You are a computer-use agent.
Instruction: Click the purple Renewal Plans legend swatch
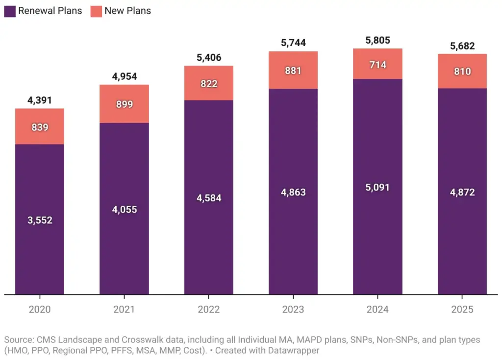pyautogui.click(x=10, y=11)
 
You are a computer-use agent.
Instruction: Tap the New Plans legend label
pyautogui.click(x=127, y=11)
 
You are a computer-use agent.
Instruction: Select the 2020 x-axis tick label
pyautogui.click(x=40, y=310)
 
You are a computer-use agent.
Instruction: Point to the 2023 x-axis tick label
pyautogui.click(x=293, y=310)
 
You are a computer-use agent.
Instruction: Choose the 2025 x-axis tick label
pyautogui.click(x=462, y=310)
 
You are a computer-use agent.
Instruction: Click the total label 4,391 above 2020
pyautogui.click(x=40, y=101)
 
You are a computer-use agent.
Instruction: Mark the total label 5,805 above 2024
pyautogui.click(x=377, y=41)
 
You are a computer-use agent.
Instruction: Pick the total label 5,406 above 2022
pyautogui.click(x=209, y=58)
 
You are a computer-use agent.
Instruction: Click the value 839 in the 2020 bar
pyautogui.click(x=40, y=127)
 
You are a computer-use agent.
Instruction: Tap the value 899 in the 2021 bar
pyautogui.click(x=124, y=104)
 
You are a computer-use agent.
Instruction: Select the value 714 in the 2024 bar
pyautogui.click(x=377, y=65)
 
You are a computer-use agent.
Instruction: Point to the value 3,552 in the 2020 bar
pyautogui.click(x=40, y=220)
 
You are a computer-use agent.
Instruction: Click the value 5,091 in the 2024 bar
pyautogui.click(x=377, y=187)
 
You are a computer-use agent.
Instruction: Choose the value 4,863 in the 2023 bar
pyautogui.click(x=293, y=192)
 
